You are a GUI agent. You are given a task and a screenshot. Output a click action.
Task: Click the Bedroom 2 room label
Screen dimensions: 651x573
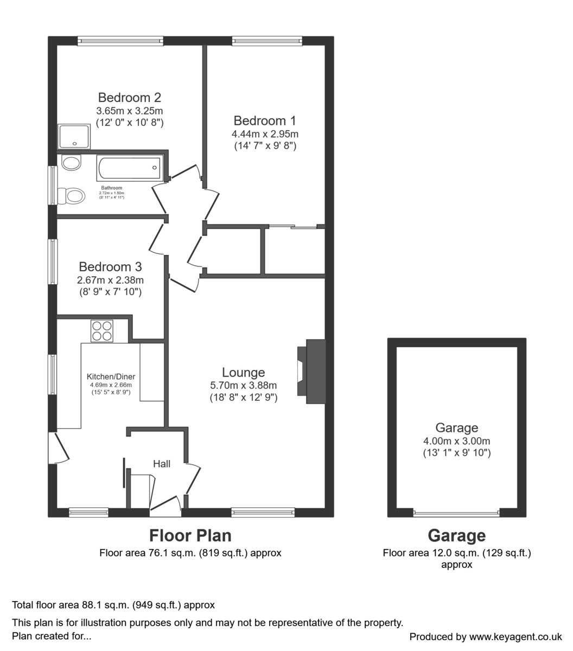point(129,98)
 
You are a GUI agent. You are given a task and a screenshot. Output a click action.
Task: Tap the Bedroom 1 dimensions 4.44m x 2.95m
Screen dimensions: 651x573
point(265,134)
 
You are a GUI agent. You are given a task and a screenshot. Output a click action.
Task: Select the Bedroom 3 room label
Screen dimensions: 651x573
point(110,267)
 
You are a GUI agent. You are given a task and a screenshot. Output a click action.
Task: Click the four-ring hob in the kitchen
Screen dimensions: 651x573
point(102,331)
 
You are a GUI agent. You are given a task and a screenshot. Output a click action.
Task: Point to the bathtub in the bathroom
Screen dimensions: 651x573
point(129,168)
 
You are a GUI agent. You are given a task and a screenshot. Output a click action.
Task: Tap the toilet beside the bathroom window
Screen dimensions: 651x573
point(73,195)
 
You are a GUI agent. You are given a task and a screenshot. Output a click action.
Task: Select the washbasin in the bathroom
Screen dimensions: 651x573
point(71,162)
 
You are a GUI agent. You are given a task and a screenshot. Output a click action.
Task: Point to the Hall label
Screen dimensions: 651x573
point(162,464)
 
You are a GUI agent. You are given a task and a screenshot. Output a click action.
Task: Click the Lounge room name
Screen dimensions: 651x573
point(243,373)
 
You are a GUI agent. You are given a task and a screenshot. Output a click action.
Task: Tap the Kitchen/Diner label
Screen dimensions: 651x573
point(111,376)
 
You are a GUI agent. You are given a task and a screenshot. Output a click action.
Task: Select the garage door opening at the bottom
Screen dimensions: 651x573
point(456,513)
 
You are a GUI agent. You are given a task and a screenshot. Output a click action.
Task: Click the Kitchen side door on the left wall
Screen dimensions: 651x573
point(57,448)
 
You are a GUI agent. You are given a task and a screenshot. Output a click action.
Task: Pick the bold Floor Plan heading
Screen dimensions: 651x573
point(190,536)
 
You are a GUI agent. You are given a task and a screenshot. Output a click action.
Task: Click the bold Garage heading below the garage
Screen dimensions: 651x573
point(456,536)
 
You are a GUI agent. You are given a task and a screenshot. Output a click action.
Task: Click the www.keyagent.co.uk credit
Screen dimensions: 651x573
point(515,637)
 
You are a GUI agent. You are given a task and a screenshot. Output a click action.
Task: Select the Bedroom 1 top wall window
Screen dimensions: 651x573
point(267,41)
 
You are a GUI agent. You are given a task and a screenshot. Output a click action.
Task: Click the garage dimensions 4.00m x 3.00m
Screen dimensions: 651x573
point(456,441)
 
